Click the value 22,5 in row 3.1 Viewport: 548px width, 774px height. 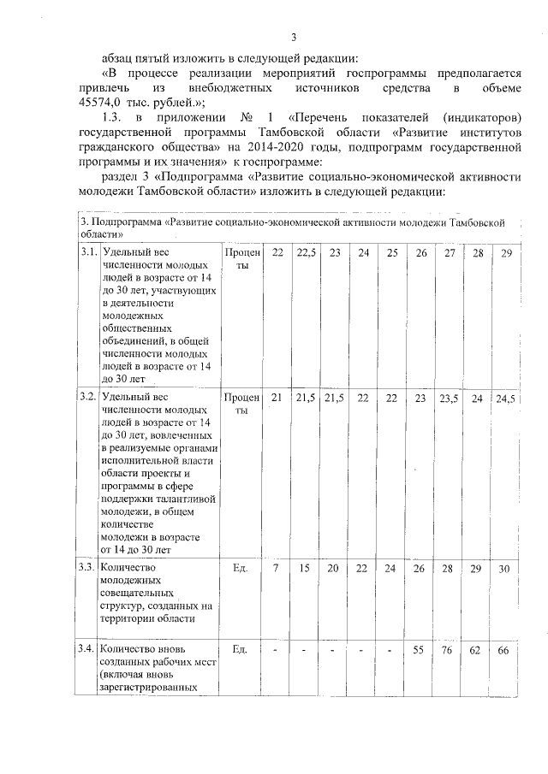click(x=305, y=254)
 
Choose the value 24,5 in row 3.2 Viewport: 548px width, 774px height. click(x=505, y=398)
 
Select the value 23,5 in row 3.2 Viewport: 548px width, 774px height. click(x=450, y=398)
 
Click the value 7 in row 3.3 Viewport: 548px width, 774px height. click(x=276, y=568)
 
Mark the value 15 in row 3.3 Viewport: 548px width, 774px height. click(x=305, y=568)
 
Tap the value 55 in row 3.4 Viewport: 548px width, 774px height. click(x=420, y=650)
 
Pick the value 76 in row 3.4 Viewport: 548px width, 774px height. click(x=449, y=650)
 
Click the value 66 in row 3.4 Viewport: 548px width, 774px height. click(x=504, y=650)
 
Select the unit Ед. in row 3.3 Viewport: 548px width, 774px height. click(x=241, y=567)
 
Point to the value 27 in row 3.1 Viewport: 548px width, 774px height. click(x=449, y=254)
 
